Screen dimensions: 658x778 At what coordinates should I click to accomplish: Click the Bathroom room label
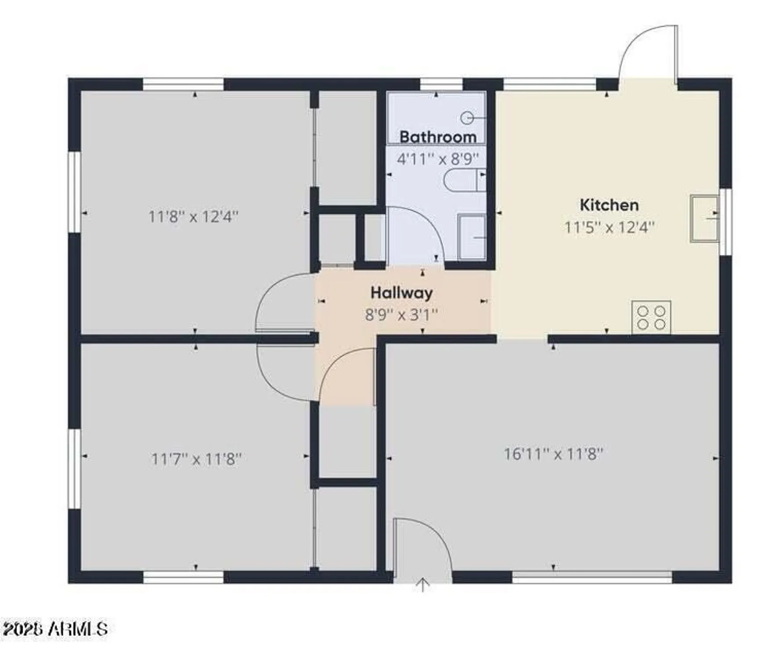pyautogui.click(x=437, y=137)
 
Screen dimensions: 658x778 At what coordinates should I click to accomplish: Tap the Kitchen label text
pyautogui.click(x=609, y=205)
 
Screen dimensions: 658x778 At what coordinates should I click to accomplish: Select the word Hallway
pyautogui.click(x=401, y=293)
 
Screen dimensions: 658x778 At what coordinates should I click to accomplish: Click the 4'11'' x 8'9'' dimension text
pyautogui.click(x=437, y=159)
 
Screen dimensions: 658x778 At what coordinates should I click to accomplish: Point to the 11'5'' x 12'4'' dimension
pyautogui.click(x=609, y=227)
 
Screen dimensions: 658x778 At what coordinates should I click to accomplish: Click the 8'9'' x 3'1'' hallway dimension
pyautogui.click(x=401, y=315)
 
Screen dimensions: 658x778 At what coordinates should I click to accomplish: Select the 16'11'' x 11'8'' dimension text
pyautogui.click(x=553, y=454)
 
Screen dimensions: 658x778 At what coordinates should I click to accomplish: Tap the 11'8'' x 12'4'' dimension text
pyautogui.click(x=193, y=217)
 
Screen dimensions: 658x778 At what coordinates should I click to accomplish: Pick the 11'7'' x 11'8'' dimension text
pyautogui.click(x=196, y=459)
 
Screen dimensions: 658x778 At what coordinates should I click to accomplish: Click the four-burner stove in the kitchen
pyautogui.click(x=651, y=318)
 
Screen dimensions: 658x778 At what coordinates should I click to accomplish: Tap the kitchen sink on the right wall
pyautogui.click(x=704, y=218)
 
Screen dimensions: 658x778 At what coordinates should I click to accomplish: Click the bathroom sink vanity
pyautogui.click(x=472, y=237)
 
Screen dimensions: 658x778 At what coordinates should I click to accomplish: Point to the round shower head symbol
pyautogui.click(x=467, y=118)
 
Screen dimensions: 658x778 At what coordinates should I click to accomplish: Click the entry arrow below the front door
pyautogui.click(x=422, y=585)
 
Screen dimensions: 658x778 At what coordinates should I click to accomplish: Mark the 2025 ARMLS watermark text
pyautogui.click(x=54, y=629)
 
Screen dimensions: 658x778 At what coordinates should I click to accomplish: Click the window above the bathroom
pyautogui.click(x=441, y=84)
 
